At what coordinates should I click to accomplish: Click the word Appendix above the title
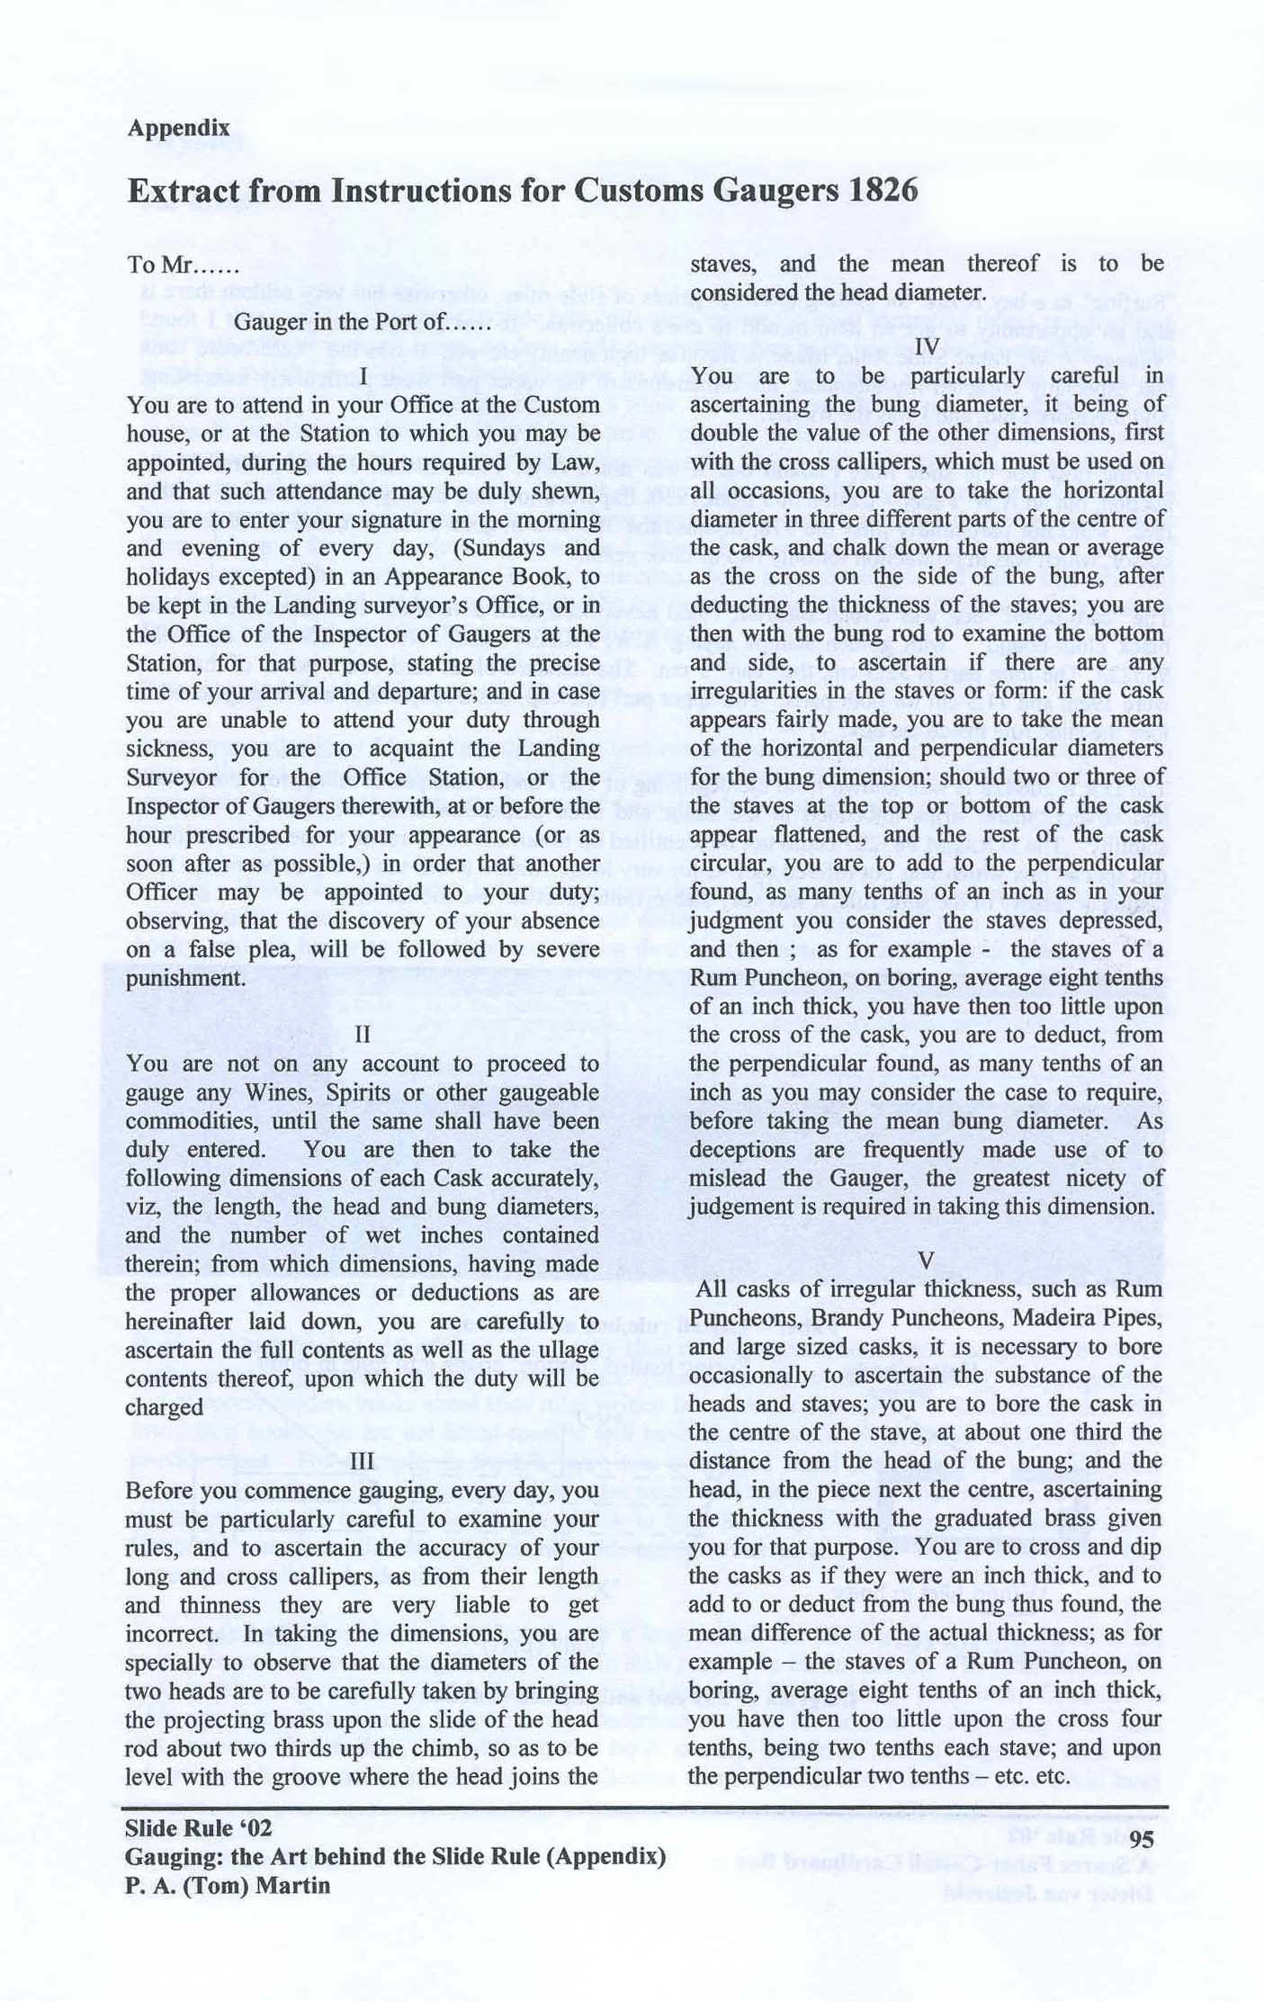coord(178,128)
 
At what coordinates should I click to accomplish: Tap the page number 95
coord(1141,1840)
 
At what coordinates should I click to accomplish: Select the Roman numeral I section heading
coord(362,376)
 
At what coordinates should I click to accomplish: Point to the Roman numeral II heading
coord(363,1034)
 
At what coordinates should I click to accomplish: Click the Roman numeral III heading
coord(363,1461)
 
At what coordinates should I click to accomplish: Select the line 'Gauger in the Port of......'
coord(362,322)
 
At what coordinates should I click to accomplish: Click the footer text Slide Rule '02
coord(198,1828)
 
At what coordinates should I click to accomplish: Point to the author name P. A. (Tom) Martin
coord(228,1886)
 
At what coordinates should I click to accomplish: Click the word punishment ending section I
coord(186,978)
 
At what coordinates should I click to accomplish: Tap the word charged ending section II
coord(165,1408)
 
